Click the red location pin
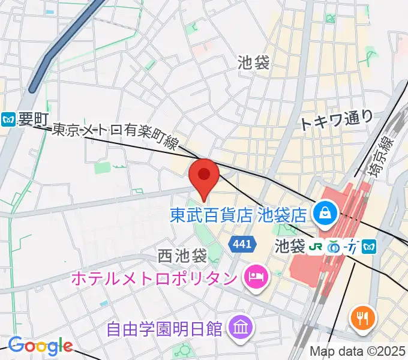tap(203, 176)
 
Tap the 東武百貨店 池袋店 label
tap(238, 214)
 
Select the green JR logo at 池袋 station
tap(315, 245)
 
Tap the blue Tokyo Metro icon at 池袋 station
tap(370, 245)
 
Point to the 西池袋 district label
tap(182, 256)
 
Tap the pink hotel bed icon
tap(255, 277)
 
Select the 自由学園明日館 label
tap(164, 329)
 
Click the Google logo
tap(40, 346)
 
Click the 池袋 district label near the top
tap(254, 62)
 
